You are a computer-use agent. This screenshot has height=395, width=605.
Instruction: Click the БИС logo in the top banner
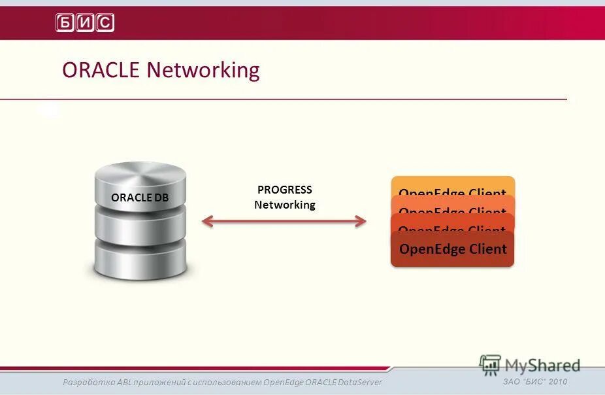tap(85, 23)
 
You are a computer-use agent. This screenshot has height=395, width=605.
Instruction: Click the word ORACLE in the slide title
tap(101, 70)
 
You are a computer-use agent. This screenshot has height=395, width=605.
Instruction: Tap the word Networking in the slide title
tap(203, 70)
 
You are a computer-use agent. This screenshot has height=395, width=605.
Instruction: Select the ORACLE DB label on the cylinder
tap(140, 197)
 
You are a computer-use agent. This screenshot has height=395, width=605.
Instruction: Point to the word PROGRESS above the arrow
tap(284, 190)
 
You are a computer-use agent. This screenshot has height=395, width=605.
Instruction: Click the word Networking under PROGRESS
tap(284, 205)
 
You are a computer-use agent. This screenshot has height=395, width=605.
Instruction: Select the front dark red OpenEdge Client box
tap(452, 249)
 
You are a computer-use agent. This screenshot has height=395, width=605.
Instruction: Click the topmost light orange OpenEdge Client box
tap(452, 184)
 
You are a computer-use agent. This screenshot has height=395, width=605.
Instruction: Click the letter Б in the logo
tap(65, 23)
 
